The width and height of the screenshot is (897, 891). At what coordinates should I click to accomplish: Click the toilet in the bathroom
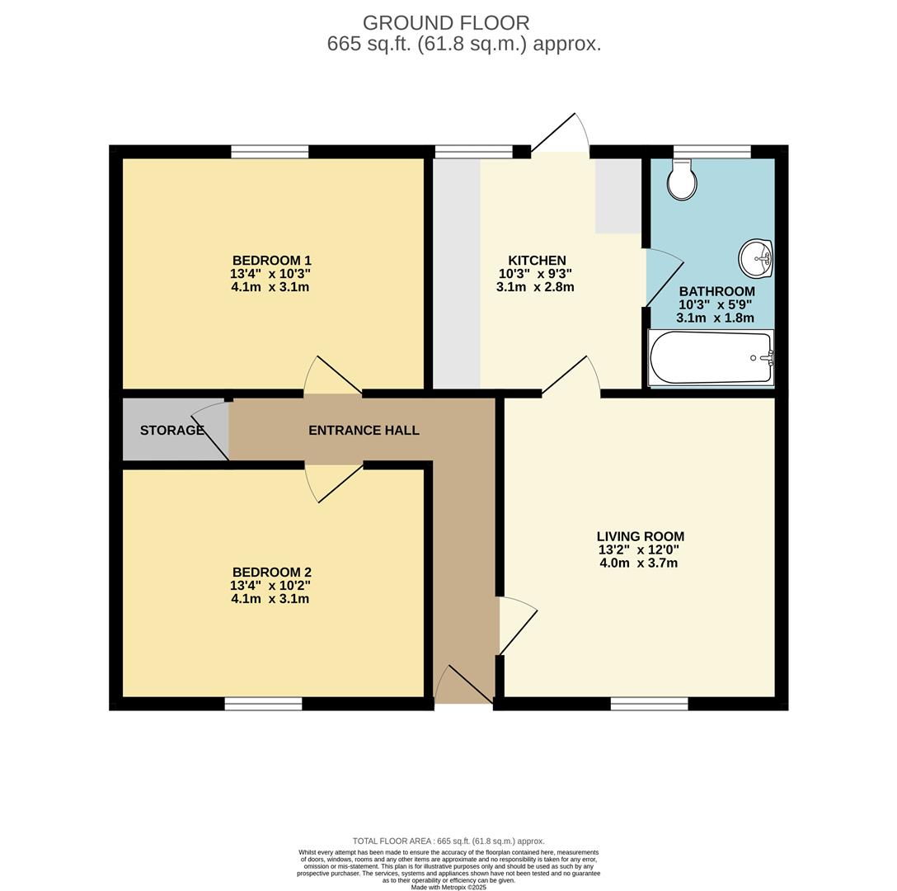coord(682,179)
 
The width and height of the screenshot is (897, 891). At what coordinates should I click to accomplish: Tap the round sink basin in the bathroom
coord(756,258)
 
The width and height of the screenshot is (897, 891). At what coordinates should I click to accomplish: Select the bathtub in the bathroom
coord(711,358)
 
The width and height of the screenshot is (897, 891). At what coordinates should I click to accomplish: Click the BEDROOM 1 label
coord(272,261)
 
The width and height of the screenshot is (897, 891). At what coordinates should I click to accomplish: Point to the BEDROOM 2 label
coord(272,572)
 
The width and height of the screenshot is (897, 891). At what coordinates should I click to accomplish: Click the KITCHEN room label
coord(538,261)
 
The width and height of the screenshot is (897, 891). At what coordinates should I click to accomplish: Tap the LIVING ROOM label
coord(640,536)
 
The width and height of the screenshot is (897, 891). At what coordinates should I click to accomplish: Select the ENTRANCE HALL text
coord(364,430)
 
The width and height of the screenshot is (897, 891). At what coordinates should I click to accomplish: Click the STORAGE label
coord(172,430)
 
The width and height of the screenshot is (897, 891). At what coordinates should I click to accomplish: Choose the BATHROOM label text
coord(716,291)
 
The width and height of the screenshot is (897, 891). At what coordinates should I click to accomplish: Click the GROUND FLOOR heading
coord(446,23)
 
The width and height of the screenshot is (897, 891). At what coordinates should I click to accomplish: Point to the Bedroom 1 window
coord(270,152)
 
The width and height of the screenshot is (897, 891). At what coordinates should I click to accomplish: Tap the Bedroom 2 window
coord(263,704)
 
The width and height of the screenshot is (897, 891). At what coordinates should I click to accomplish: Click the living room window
coord(650,704)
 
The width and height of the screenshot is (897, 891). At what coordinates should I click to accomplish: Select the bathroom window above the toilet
coord(711,152)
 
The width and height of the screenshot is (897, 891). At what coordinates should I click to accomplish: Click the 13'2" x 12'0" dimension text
coord(639,550)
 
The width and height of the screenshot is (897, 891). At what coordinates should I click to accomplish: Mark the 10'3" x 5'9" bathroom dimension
coord(716,304)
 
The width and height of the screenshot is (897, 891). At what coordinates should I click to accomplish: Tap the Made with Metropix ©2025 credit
coord(448,888)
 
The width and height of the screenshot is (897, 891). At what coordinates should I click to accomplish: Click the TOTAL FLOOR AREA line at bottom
coord(448,841)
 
